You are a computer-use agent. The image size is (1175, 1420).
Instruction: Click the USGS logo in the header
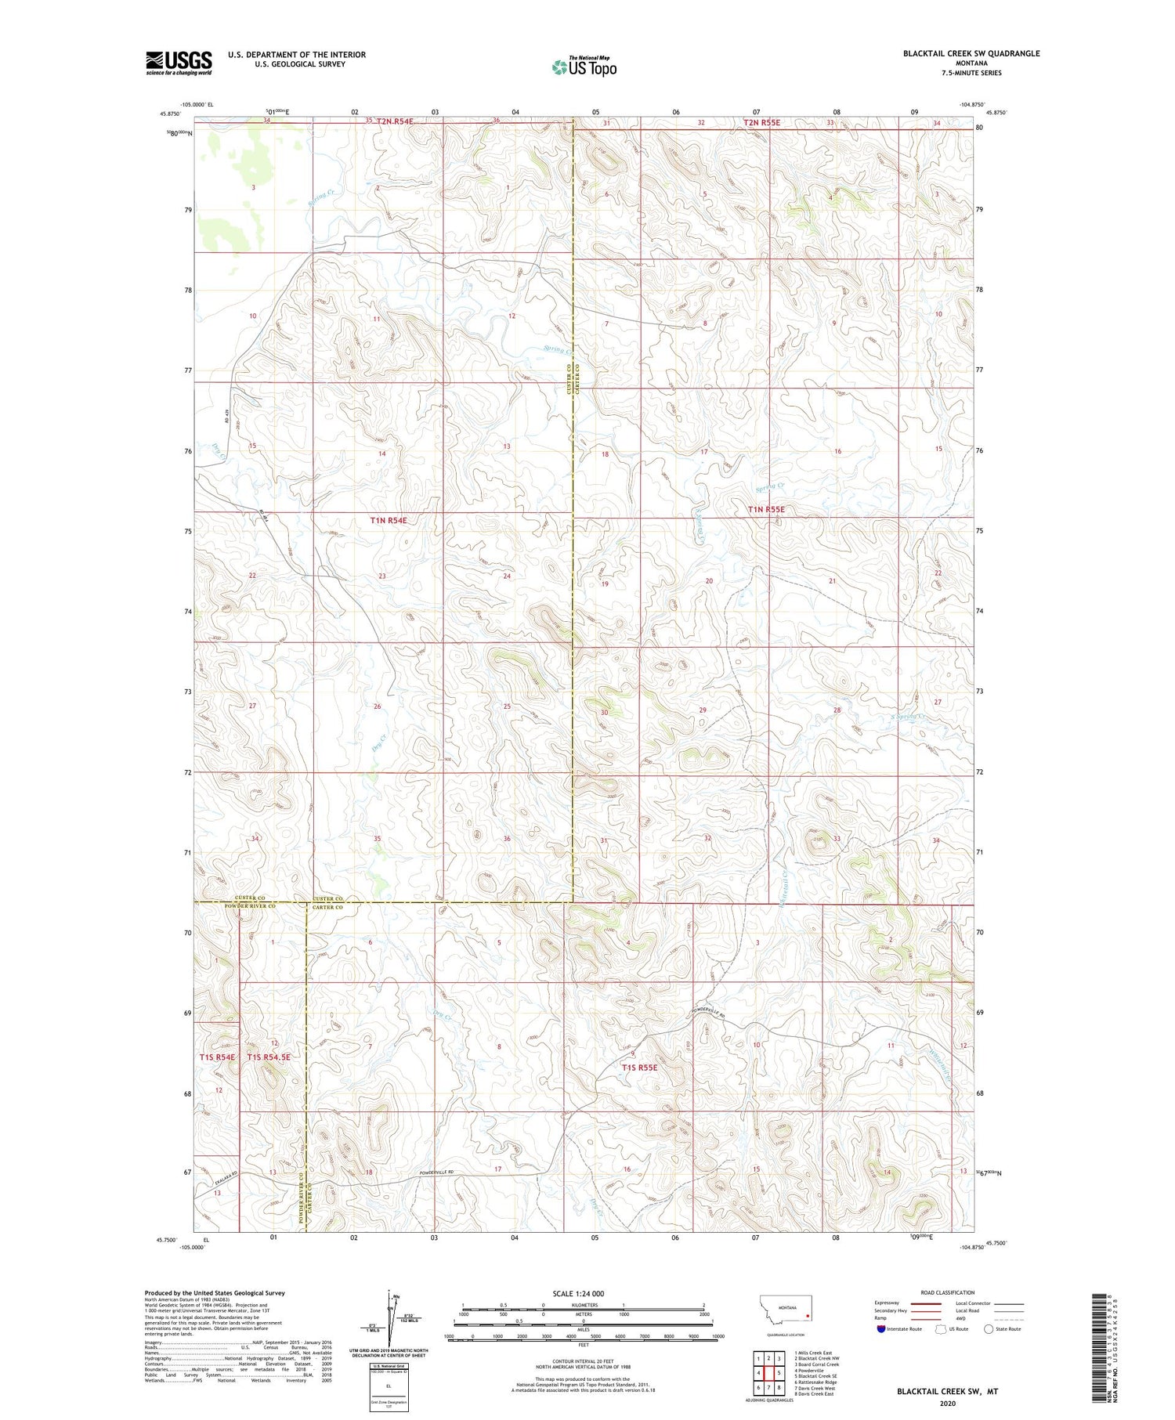[x=178, y=63]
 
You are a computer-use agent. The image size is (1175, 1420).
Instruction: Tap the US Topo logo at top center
[x=584, y=67]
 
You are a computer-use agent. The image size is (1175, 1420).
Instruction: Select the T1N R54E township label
[x=389, y=520]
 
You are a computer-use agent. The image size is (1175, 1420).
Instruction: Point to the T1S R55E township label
[x=639, y=1067]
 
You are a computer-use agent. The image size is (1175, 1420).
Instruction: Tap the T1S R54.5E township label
[x=269, y=1057]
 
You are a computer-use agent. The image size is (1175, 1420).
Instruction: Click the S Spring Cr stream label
[x=909, y=717]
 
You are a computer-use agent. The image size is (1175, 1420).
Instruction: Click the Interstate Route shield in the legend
[x=882, y=1328]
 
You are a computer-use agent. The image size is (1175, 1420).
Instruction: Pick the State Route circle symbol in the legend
[x=989, y=1328]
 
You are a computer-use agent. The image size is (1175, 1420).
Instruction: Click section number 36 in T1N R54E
[x=507, y=839]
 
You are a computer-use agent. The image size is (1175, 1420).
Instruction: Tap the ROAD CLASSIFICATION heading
[x=948, y=1292]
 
